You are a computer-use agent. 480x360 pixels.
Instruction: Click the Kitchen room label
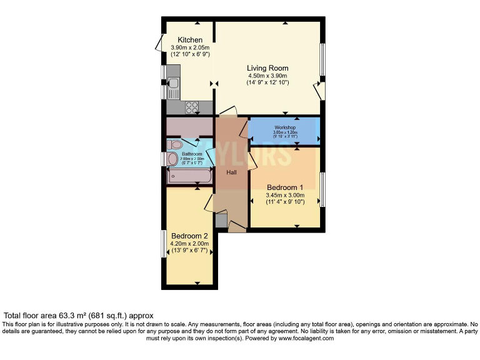(x=190, y=40)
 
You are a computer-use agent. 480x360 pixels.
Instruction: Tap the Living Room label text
(x=267, y=68)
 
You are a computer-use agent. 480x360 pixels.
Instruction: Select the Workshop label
(x=284, y=127)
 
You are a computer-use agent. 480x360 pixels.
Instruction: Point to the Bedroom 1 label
(x=285, y=187)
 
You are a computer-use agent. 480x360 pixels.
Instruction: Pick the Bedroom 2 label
(x=189, y=236)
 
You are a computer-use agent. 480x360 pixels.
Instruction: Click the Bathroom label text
(x=192, y=154)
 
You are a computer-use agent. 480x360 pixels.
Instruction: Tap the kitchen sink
(x=173, y=83)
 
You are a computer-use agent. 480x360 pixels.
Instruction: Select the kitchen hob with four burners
(x=192, y=107)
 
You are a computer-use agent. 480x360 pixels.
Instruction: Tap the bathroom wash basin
(x=172, y=159)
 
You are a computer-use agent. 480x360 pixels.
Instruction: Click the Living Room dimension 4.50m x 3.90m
(x=267, y=76)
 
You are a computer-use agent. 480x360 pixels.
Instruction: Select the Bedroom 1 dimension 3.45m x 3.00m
(x=285, y=195)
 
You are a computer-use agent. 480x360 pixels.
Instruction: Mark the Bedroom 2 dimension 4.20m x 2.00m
(x=189, y=244)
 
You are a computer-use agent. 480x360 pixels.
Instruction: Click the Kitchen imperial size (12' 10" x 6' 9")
(x=190, y=54)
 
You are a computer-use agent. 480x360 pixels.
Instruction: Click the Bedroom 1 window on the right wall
(x=323, y=189)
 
